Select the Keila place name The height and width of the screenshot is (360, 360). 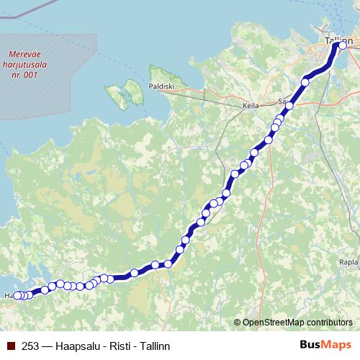250,105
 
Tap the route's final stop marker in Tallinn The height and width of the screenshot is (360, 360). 333,45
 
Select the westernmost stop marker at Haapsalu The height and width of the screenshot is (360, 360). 18,295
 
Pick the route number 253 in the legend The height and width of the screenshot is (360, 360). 30,346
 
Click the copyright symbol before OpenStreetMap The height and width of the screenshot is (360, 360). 238,322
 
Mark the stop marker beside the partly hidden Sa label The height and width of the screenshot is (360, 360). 289,107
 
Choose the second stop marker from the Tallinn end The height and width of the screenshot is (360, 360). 305,82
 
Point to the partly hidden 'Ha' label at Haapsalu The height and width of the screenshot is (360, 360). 8,295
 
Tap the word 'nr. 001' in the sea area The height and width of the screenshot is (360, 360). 24,74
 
